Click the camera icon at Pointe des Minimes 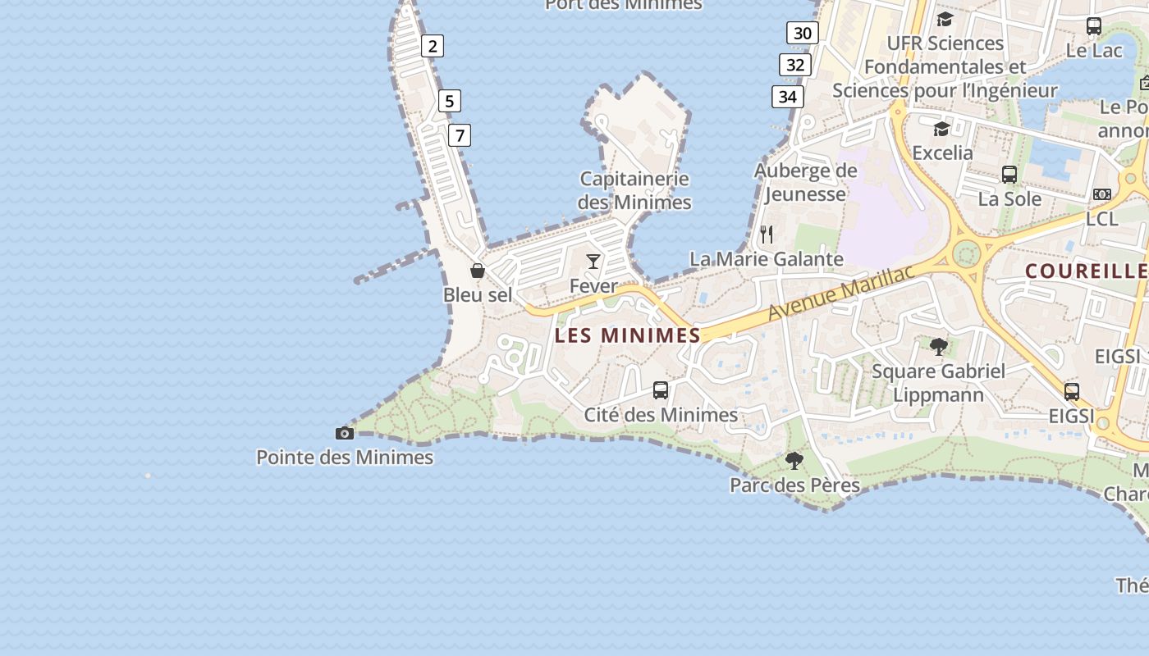click(345, 433)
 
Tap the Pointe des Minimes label click(345, 457)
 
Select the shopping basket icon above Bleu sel click(478, 271)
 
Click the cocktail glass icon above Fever click(593, 262)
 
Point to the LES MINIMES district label click(628, 335)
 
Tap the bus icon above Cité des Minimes click(661, 390)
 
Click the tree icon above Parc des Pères click(794, 461)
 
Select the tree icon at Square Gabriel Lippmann click(939, 347)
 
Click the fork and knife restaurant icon click(767, 235)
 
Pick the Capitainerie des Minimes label click(634, 190)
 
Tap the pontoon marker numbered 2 click(433, 46)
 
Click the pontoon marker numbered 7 click(460, 135)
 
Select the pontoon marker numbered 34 click(788, 97)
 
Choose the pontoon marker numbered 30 click(803, 33)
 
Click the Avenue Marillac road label click(840, 294)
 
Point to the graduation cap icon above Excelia click(941, 130)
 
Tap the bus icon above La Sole click(1009, 175)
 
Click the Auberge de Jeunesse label click(805, 182)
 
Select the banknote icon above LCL click(1102, 194)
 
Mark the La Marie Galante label click(766, 259)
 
